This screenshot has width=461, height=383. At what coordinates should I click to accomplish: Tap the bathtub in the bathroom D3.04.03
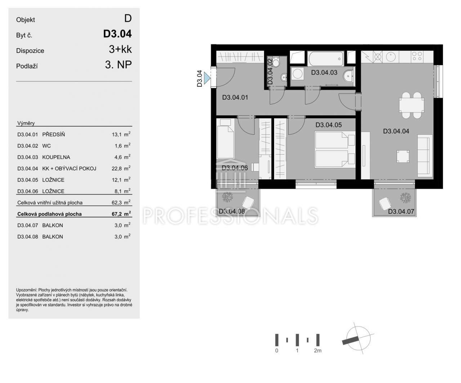click(326, 58)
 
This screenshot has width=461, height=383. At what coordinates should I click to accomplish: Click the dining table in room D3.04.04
click(412, 105)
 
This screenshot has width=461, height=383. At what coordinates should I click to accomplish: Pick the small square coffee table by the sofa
click(403, 157)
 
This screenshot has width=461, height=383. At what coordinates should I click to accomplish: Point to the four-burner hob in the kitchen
click(417, 56)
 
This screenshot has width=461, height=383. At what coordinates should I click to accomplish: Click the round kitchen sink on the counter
click(391, 56)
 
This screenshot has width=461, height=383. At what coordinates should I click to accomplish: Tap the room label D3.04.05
click(328, 125)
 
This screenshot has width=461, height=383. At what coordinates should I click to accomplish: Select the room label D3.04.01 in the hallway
click(235, 97)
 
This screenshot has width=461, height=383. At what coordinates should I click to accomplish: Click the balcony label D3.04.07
click(401, 211)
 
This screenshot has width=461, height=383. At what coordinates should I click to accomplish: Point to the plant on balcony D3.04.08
click(227, 197)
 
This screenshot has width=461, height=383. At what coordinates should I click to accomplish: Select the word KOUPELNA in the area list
click(56, 157)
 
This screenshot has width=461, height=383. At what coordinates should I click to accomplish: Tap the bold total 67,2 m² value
click(121, 214)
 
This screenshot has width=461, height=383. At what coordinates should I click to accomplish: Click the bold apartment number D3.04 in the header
click(117, 34)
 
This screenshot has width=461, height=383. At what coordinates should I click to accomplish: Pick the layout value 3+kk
click(120, 49)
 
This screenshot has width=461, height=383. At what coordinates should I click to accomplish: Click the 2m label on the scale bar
click(318, 351)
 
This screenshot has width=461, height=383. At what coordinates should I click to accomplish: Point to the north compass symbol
click(358, 338)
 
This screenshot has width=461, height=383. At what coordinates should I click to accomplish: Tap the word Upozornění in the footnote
click(27, 290)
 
